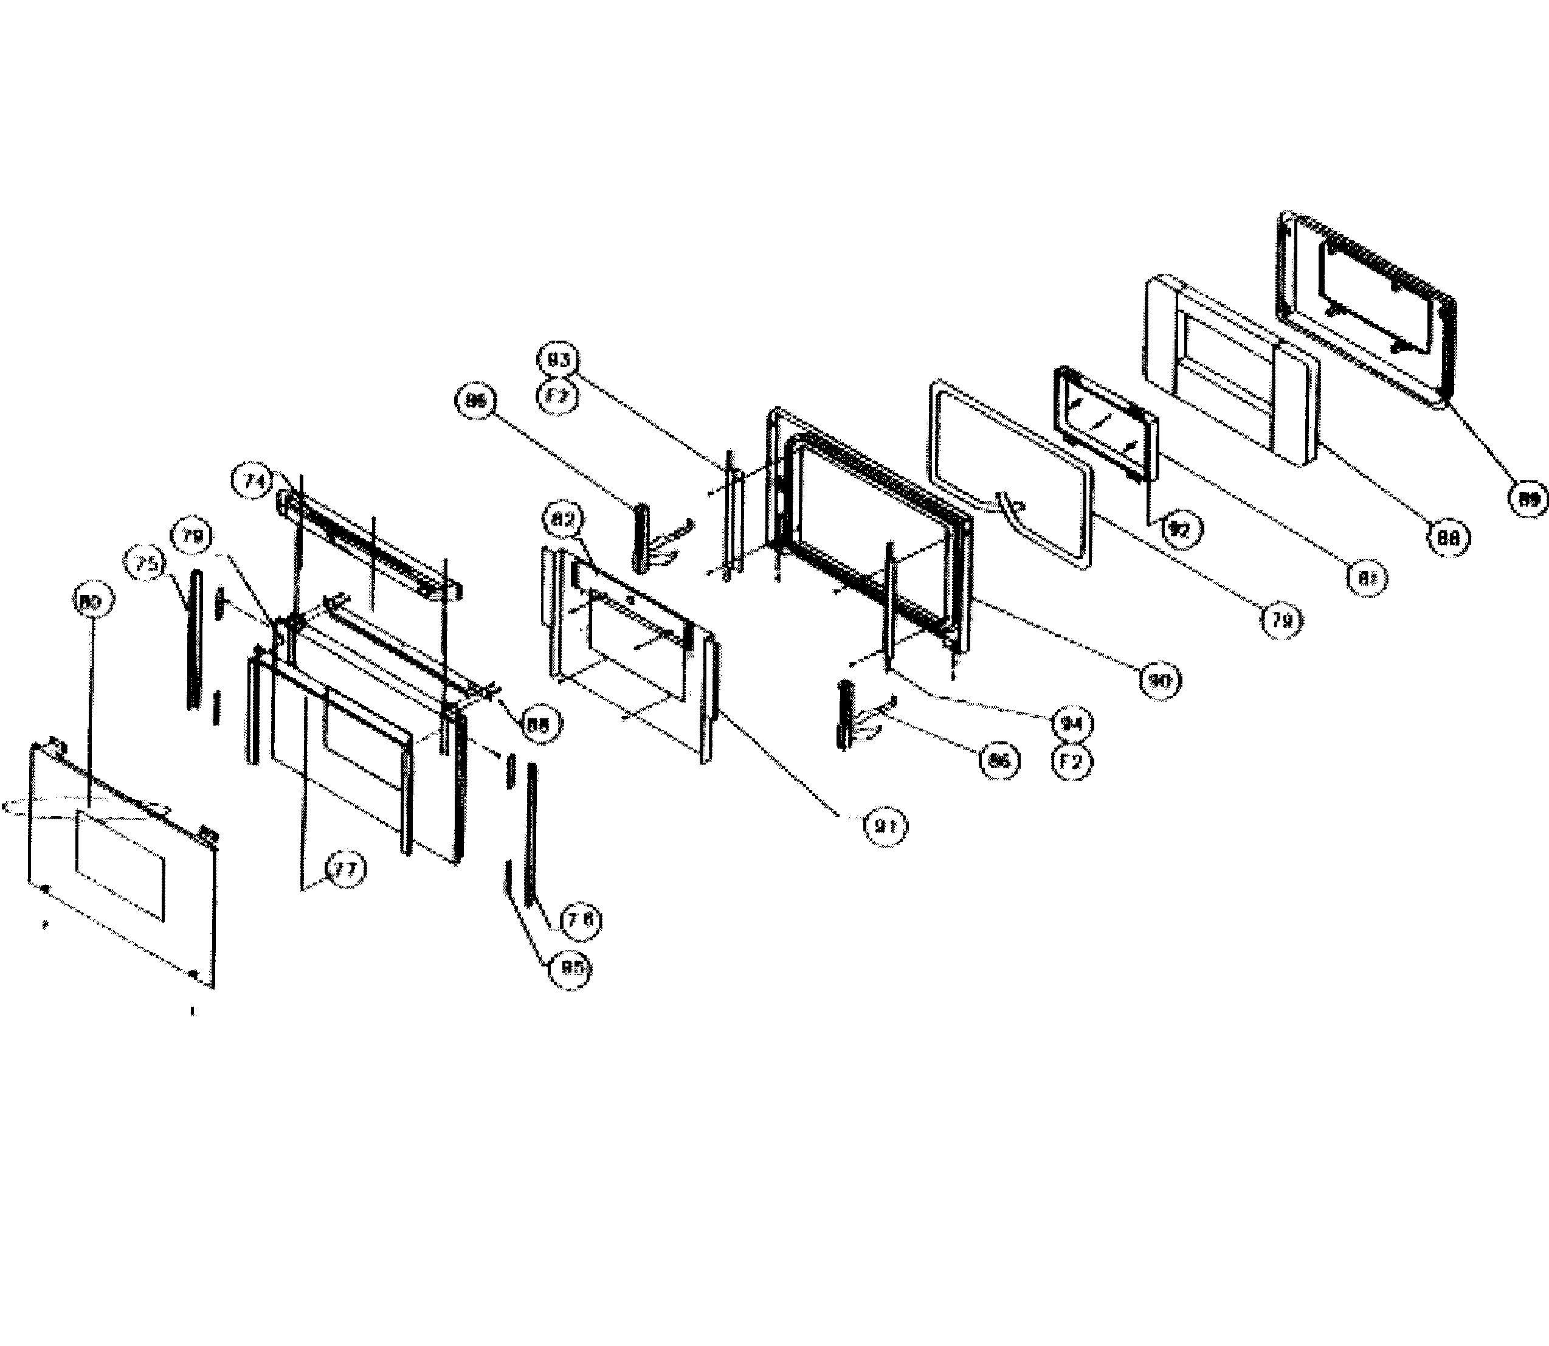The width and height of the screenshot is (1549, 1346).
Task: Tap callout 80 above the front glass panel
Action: coord(92,601)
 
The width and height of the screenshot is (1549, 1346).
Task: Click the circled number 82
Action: coord(565,521)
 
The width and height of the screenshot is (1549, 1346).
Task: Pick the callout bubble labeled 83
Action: coord(559,360)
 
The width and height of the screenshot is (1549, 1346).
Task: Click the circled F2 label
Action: coord(1071,762)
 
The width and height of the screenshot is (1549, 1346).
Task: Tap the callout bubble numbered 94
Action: coord(1071,725)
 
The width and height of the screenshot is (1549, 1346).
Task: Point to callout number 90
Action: coord(1160,681)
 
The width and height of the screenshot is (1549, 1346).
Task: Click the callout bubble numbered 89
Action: coord(1529,498)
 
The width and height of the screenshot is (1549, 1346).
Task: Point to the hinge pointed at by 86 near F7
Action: coord(642,537)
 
